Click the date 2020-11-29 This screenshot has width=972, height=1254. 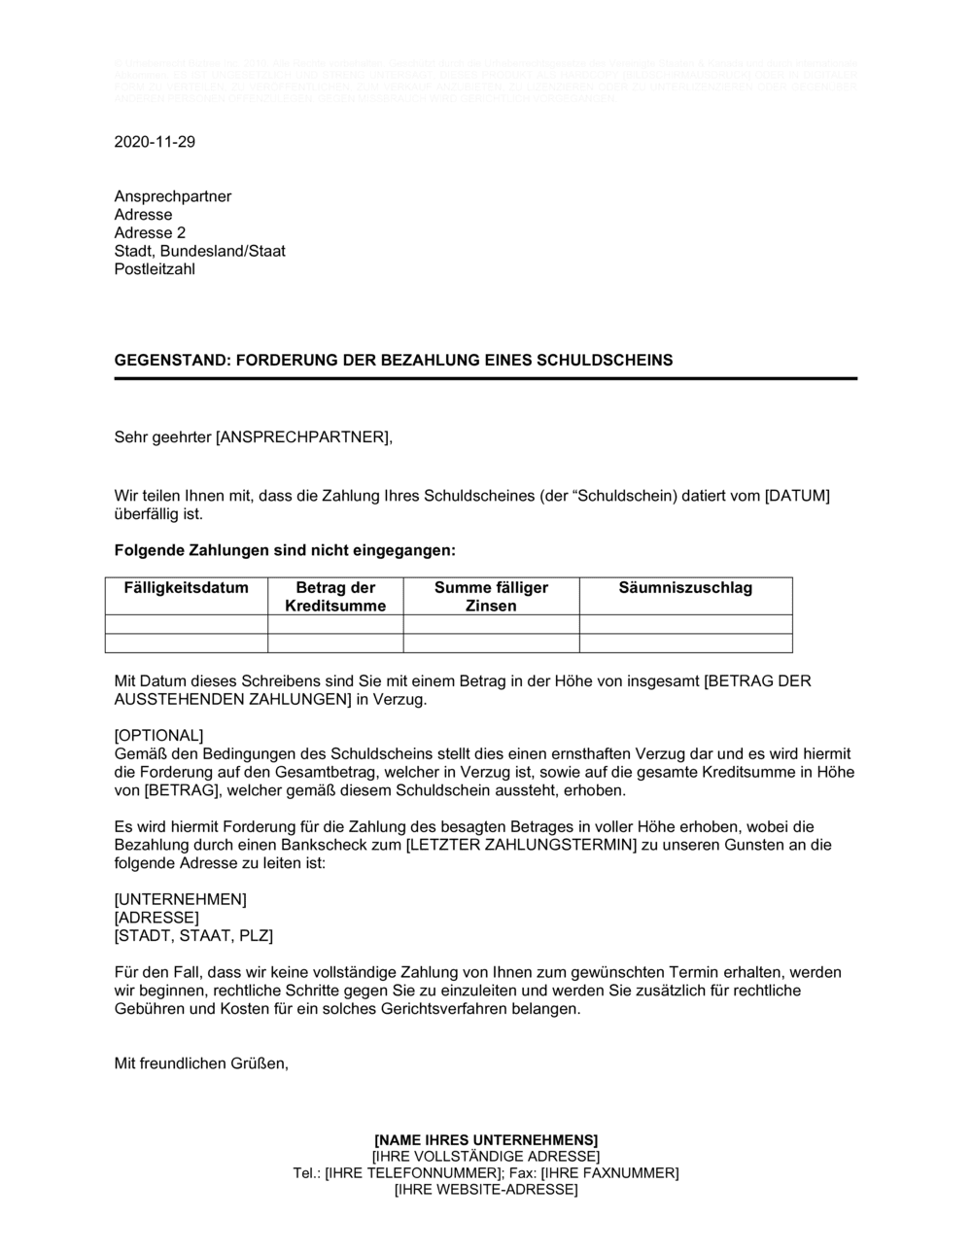click(x=155, y=142)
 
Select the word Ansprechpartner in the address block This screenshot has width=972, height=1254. click(x=173, y=196)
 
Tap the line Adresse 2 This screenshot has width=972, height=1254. click(x=150, y=233)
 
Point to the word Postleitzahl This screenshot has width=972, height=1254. click(x=155, y=269)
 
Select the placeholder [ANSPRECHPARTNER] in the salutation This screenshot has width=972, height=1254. click(x=303, y=436)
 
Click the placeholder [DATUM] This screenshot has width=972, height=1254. click(x=797, y=496)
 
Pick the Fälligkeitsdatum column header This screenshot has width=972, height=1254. click(x=187, y=587)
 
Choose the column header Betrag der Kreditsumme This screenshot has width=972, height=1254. click(x=335, y=597)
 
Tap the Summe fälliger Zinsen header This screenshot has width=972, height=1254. click(x=491, y=597)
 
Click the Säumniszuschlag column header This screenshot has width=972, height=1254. click(x=685, y=587)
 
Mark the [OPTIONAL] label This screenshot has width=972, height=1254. click(x=159, y=735)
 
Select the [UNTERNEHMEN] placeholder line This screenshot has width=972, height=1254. click(x=181, y=899)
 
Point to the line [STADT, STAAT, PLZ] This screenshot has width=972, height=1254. click(x=193, y=936)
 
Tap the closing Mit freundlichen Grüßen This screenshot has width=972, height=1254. click(x=201, y=1063)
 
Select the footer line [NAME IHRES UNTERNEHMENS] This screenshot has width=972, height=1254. click(x=486, y=1139)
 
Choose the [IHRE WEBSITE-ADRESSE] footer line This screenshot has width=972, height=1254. click(x=486, y=1190)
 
